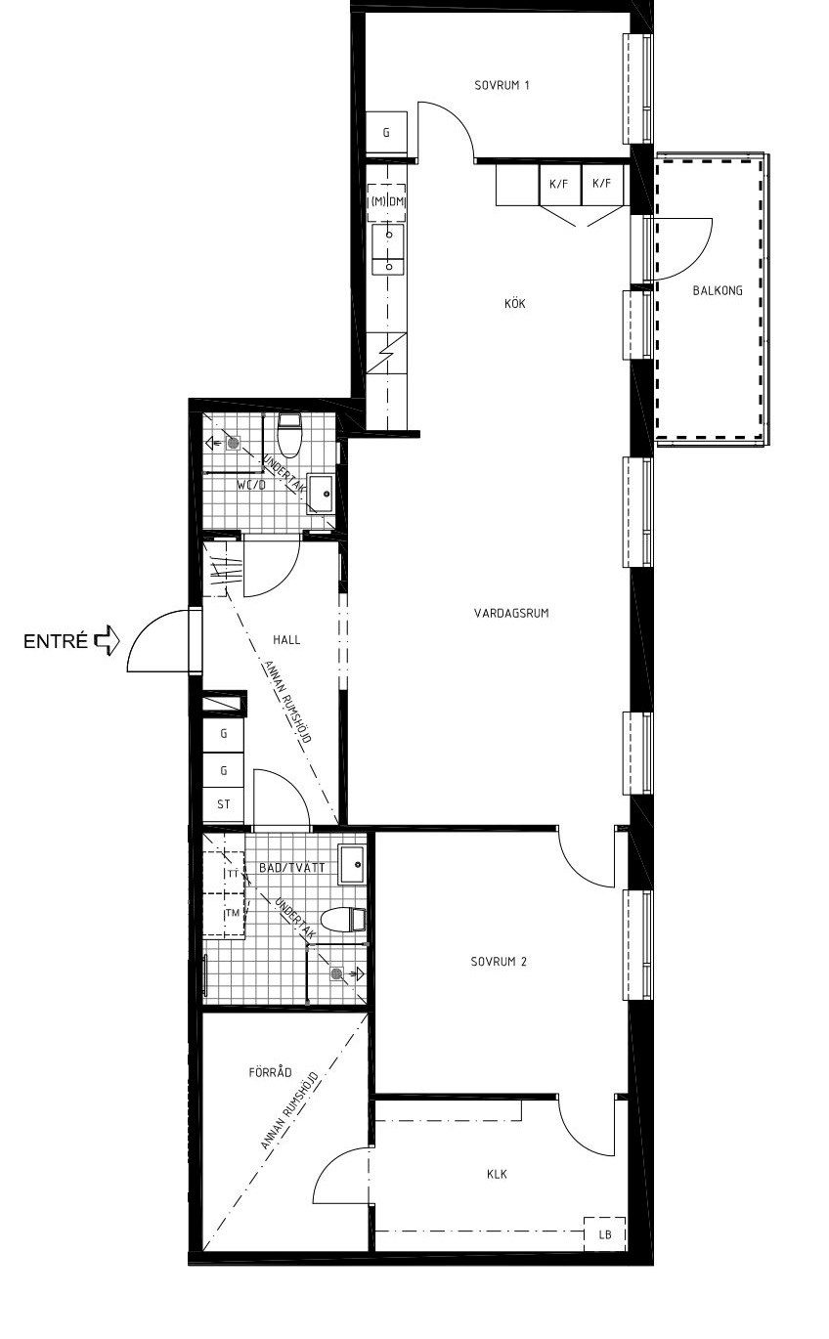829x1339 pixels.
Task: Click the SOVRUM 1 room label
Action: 502,85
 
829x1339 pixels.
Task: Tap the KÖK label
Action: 514,303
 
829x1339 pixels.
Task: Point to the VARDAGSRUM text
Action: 511,613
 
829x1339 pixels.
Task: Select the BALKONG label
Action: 718,290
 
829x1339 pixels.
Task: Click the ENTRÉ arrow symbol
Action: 108,641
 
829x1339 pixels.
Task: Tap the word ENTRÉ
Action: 56,641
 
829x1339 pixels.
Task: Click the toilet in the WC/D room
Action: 289,436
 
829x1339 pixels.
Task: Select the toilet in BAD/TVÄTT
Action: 342,919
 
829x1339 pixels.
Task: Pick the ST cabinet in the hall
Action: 224,804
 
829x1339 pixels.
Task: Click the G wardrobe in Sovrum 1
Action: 386,132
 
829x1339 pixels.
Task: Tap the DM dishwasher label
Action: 397,202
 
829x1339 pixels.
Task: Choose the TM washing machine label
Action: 232,912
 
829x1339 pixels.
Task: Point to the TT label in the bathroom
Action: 233,874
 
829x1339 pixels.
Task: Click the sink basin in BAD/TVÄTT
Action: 352,864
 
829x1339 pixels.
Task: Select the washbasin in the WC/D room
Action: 322,495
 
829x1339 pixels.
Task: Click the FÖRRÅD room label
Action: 270,1072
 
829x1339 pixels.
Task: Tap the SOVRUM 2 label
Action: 499,961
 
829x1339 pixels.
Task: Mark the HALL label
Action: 286,639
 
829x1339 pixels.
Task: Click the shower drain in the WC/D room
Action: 234,443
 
